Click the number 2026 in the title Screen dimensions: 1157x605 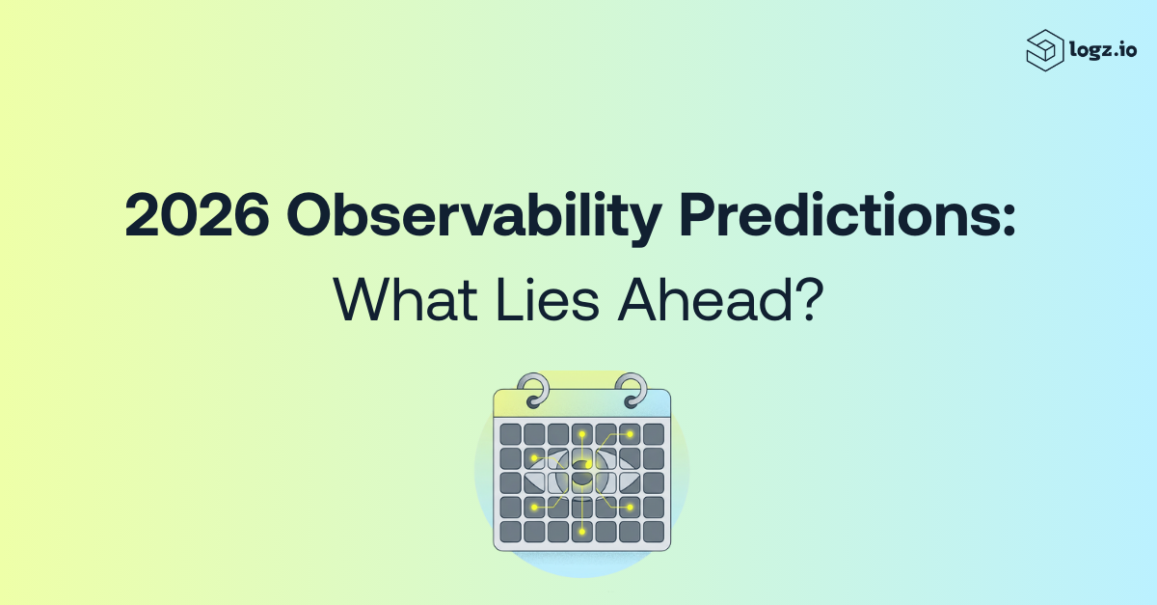pyautogui.click(x=197, y=215)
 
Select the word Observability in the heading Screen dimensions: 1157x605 pyautogui.click(x=474, y=218)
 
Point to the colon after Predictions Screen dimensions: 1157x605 pyautogui.click(x=1009, y=220)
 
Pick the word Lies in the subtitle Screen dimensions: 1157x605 pyautogui.click(x=548, y=300)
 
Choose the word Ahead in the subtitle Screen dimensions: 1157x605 pyautogui.click(x=705, y=300)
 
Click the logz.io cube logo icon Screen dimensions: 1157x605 pyautogui.click(x=1045, y=50)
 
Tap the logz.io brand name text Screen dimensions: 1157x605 pyautogui.click(x=1103, y=51)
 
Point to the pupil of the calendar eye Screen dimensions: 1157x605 pyautogui.click(x=582, y=472)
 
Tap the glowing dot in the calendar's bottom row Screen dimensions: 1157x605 pyautogui.click(x=582, y=532)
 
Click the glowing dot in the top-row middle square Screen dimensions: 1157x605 pyautogui.click(x=582, y=434)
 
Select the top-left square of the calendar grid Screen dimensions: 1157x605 pyautogui.click(x=510, y=434)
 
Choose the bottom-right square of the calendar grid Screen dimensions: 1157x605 pyautogui.click(x=654, y=532)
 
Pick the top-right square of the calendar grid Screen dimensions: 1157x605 pyautogui.click(x=654, y=434)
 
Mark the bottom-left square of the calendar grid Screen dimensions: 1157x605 pyautogui.click(x=510, y=532)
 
